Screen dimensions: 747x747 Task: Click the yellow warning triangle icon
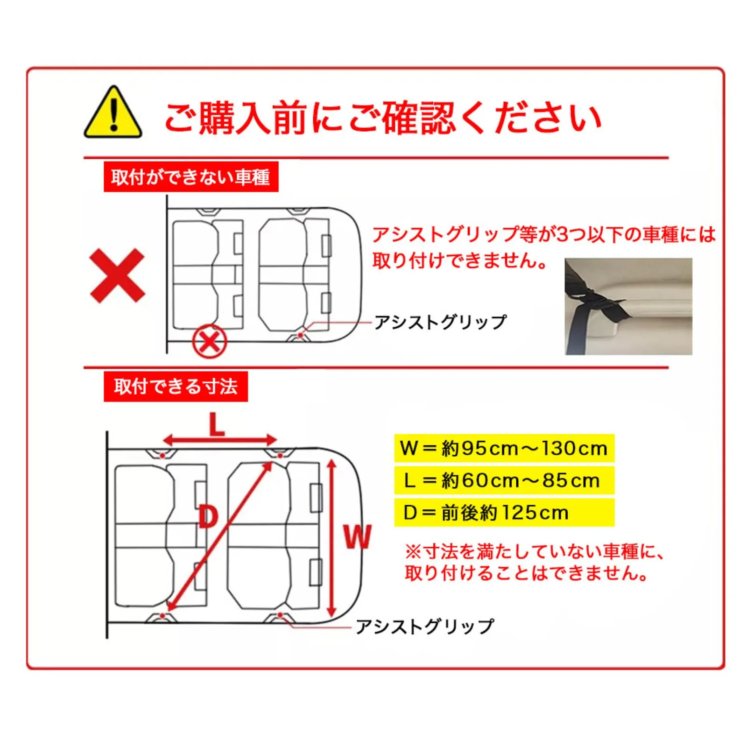[113, 113]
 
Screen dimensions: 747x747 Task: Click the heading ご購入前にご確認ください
[382, 118]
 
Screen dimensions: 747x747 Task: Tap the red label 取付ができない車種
[191, 177]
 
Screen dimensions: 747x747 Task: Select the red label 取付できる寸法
[176, 387]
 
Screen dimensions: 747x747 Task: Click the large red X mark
[117, 275]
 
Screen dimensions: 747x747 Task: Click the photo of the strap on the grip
[628, 306]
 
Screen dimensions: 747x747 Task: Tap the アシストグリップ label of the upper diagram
[440, 322]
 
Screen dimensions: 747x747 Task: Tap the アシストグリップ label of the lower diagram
[424, 626]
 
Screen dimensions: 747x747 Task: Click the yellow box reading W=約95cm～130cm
[504, 448]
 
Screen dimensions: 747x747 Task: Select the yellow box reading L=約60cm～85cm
[504, 480]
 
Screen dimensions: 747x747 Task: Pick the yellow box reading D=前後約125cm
[504, 513]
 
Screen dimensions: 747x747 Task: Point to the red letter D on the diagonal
[208, 517]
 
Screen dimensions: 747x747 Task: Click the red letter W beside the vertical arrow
[358, 536]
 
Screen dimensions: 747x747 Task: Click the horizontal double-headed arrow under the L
[220, 440]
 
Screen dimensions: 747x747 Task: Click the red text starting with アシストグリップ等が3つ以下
[544, 247]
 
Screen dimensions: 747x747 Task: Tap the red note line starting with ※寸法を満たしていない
[535, 552]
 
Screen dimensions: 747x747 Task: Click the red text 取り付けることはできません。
[527, 573]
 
